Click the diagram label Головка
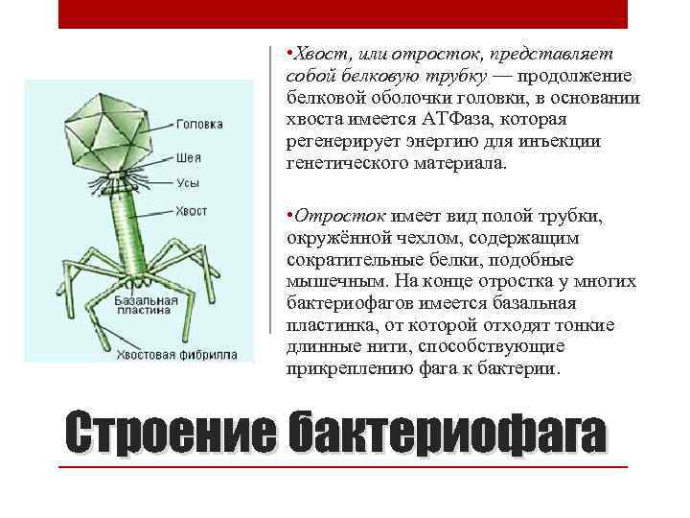pyautogui.click(x=199, y=125)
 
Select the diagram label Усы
pyautogui.click(x=188, y=182)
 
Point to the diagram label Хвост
pyautogui.click(x=192, y=210)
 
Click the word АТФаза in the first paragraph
pyautogui.click(x=457, y=119)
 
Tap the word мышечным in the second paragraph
pyautogui.click(x=330, y=284)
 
